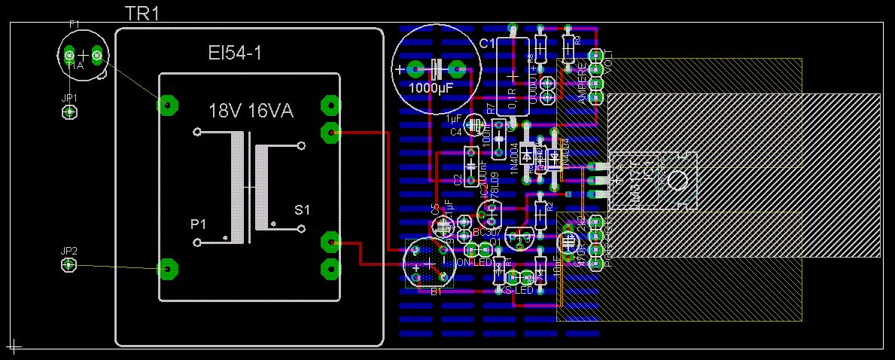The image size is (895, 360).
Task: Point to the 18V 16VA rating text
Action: pos(251,111)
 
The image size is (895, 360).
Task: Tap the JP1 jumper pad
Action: pos(69,112)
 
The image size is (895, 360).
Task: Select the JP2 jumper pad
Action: pos(68,264)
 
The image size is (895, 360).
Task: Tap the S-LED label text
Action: pos(519,290)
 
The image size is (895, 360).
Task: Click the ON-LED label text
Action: pos(473,263)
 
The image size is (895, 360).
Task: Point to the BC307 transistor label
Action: pos(484,232)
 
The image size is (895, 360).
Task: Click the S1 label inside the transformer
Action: pos(301,209)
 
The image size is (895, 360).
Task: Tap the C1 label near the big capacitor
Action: pos(487,44)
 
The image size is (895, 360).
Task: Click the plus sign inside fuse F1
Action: pos(83,55)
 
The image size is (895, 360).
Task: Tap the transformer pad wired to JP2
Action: pos(166,267)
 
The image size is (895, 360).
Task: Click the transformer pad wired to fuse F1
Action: pos(166,104)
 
